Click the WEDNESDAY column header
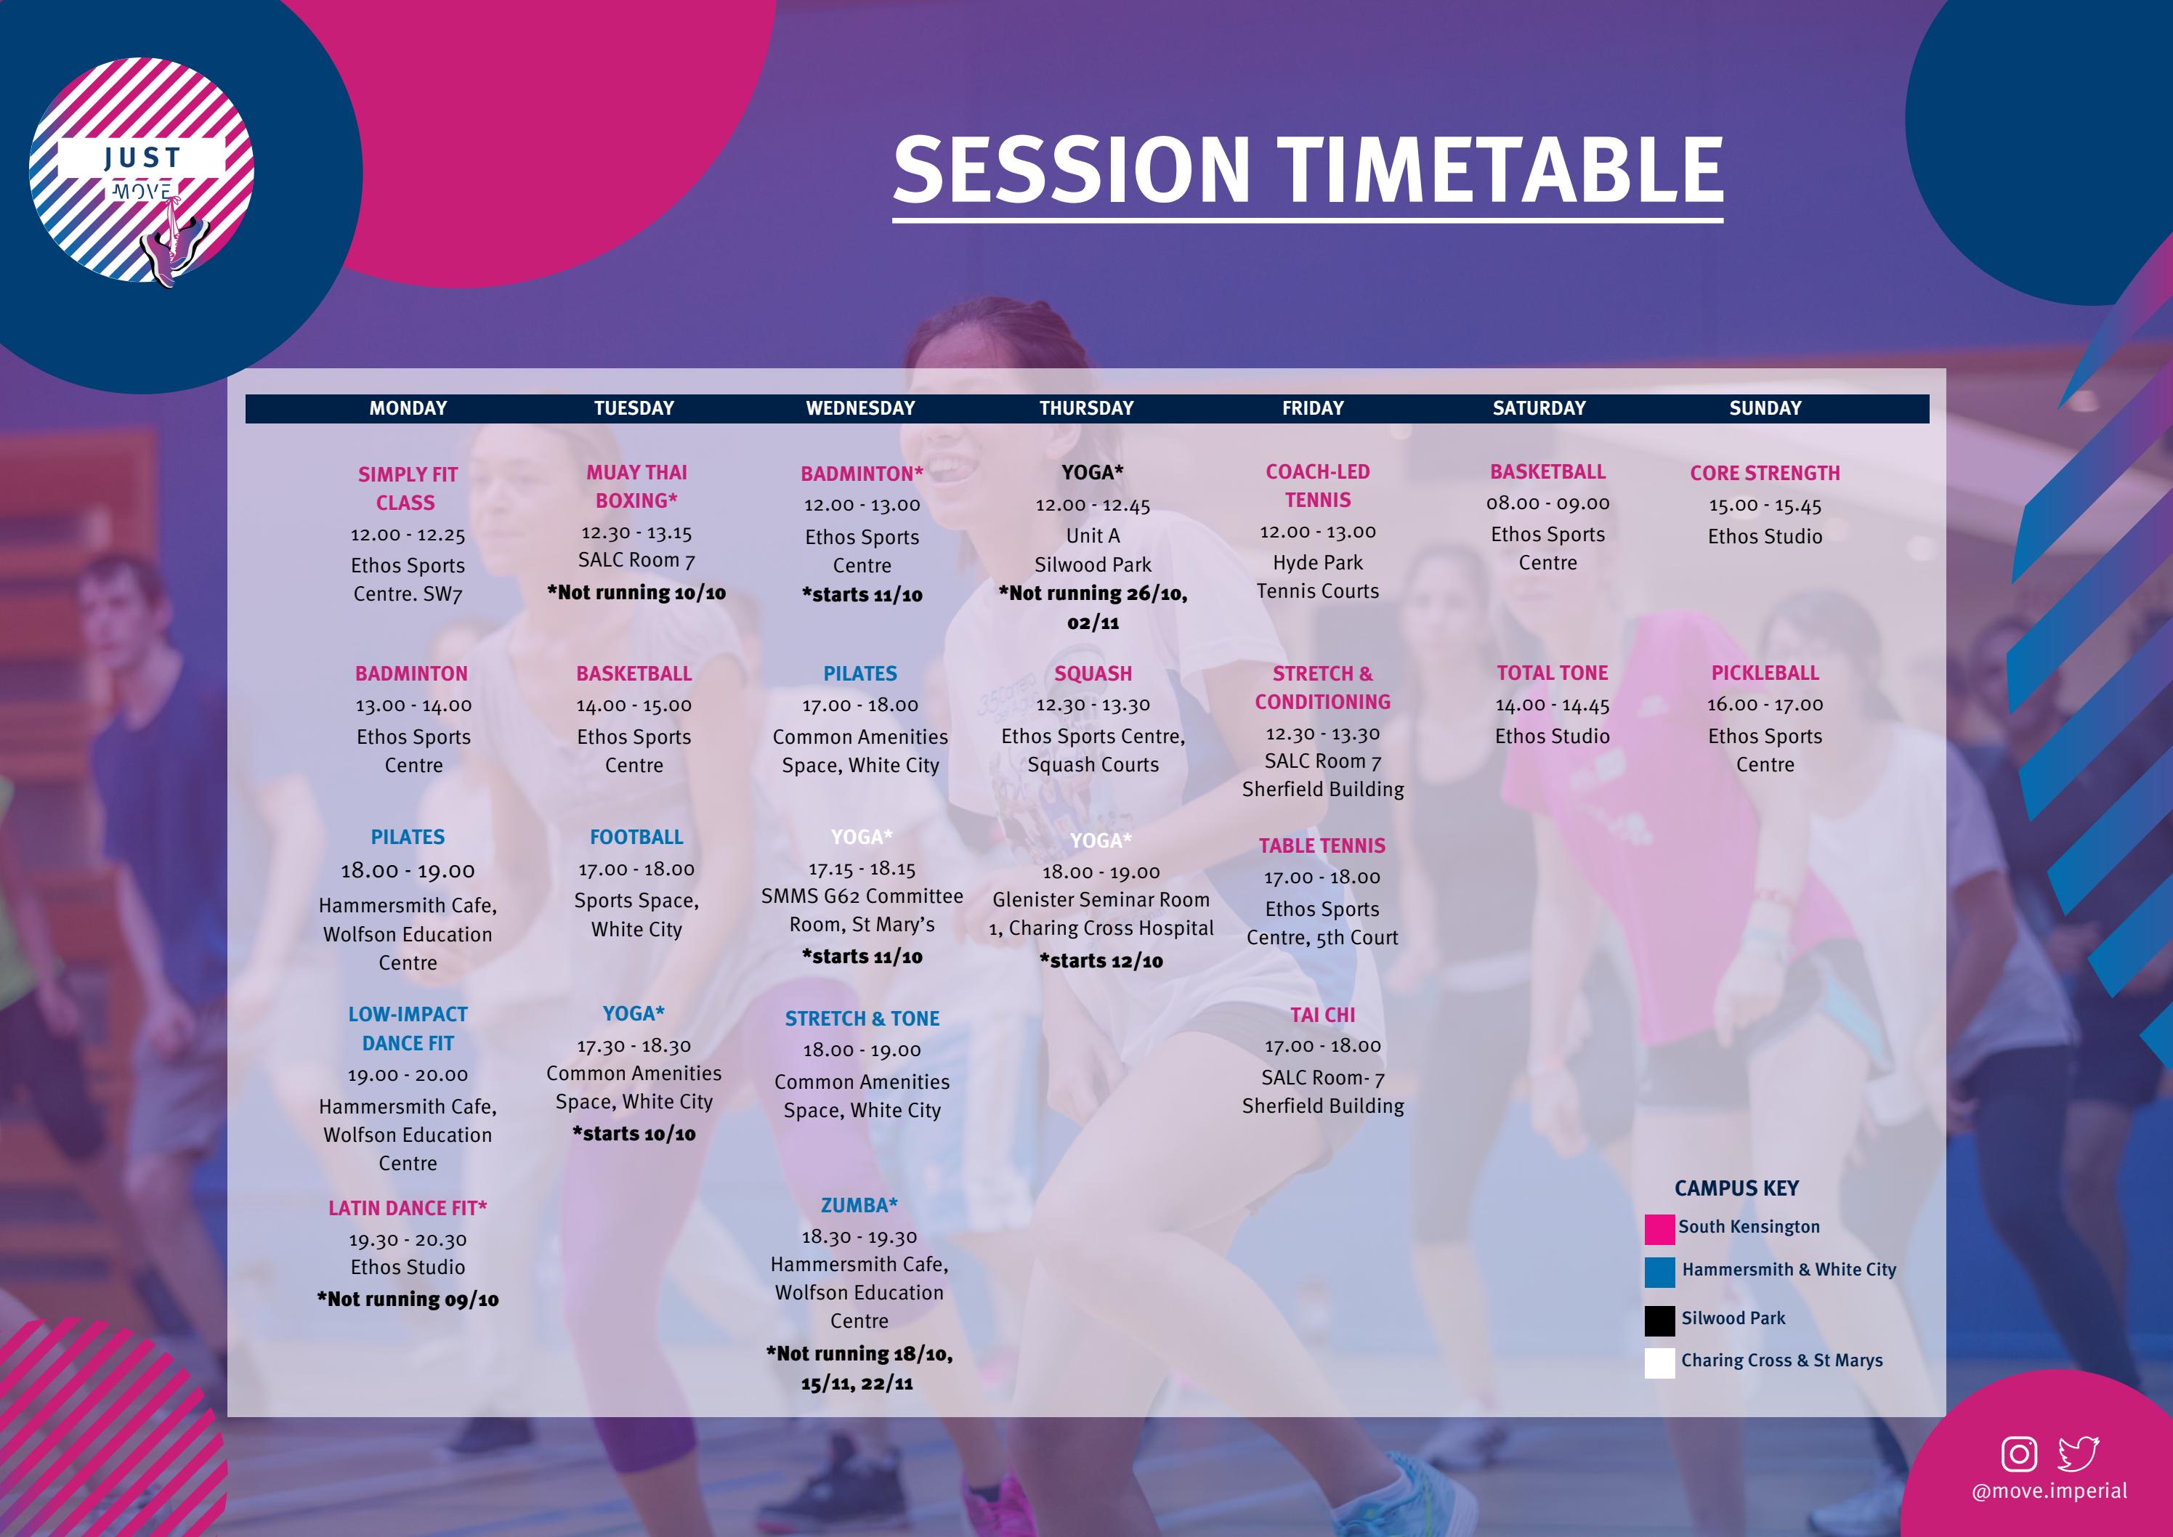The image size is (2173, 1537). [860, 408]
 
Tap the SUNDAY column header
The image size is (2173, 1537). [1765, 408]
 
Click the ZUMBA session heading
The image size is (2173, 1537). [859, 1205]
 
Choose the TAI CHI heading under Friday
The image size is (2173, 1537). [1322, 1015]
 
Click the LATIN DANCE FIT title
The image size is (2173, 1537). [407, 1208]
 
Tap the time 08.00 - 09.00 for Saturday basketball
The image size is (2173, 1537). [1547, 503]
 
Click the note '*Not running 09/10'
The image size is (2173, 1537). [407, 1299]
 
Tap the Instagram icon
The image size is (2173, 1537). [2019, 1453]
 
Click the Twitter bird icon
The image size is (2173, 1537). [2079, 1453]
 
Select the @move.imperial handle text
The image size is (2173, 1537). [2049, 1491]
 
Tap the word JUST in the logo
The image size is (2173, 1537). [142, 157]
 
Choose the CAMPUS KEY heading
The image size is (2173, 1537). [1736, 1188]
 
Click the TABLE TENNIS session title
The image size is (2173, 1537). [1322, 845]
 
